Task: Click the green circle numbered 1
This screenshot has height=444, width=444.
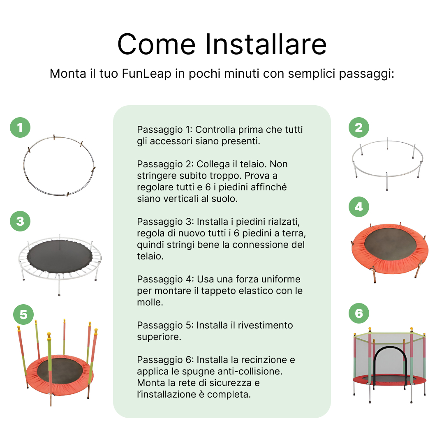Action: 20,128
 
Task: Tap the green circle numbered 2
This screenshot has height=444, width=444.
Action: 359,127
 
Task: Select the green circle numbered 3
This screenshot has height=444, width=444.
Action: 20,222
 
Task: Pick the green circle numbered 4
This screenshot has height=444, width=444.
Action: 359,207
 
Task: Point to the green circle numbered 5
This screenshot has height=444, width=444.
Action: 23,315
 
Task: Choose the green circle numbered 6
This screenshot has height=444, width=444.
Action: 359,314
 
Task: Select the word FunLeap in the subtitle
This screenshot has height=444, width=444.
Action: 146,74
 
